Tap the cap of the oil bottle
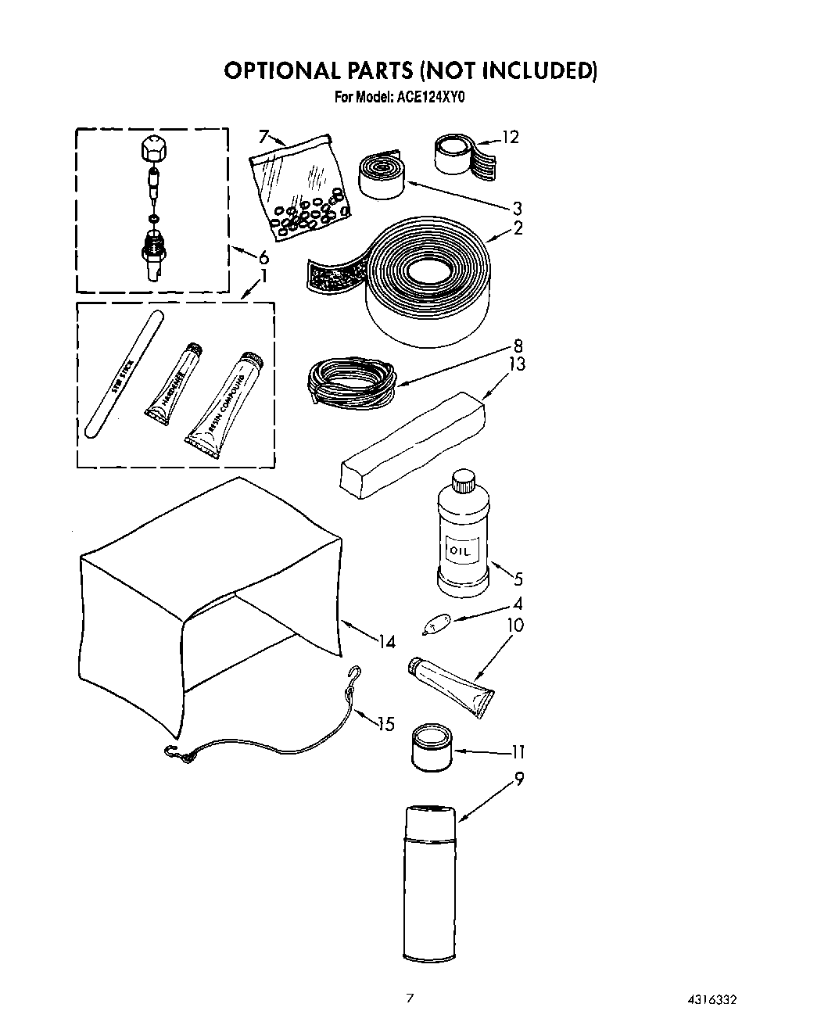(x=464, y=479)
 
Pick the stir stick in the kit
(x=122, y=375)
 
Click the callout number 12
(x=510, y=137)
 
